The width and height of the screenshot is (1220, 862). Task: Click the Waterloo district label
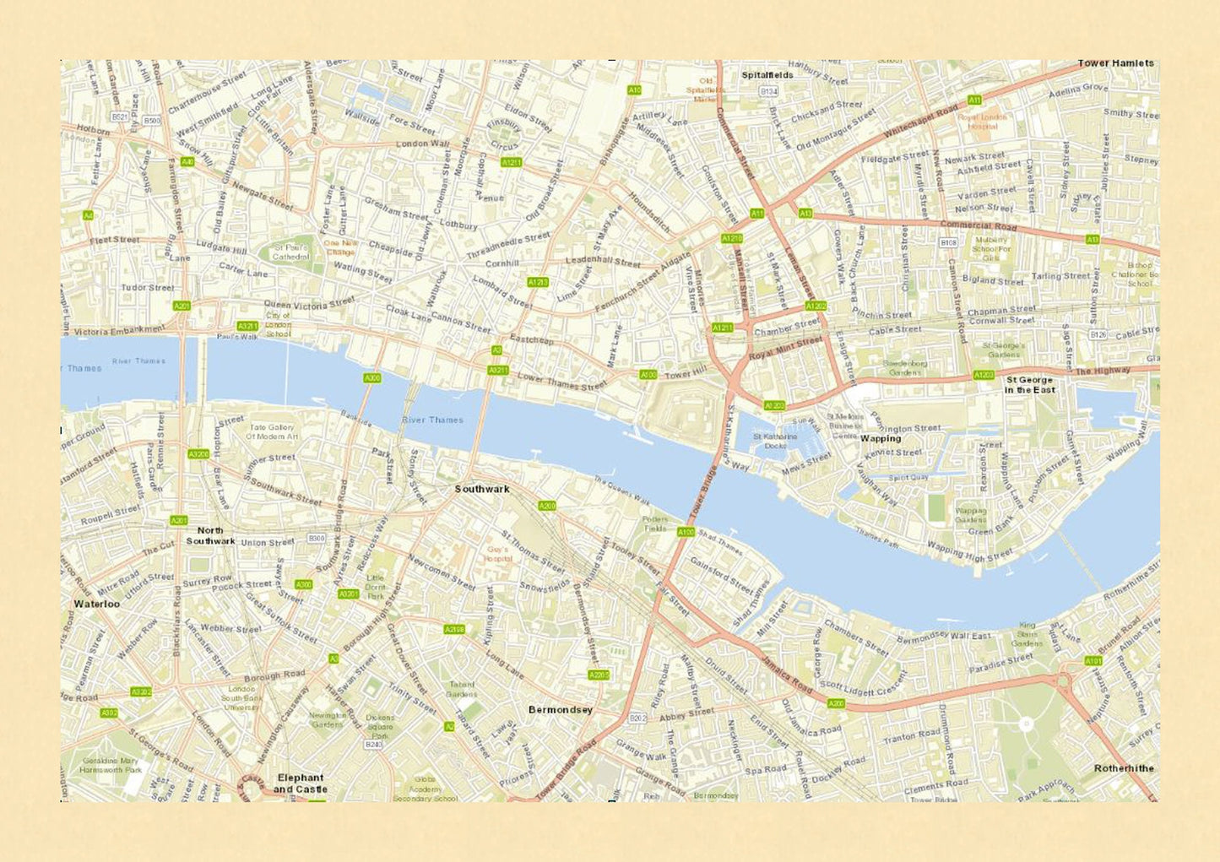(96, 604)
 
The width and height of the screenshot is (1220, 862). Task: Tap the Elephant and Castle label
(300, 783)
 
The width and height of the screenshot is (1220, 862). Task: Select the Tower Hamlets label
(1114, 63)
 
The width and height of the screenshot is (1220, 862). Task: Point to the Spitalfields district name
(767, 75)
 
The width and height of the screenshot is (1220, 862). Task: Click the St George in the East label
(1029, 385)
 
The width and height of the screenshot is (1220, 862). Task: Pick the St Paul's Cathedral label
(291, 252)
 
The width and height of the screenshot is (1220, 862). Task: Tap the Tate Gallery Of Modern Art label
(272, 432)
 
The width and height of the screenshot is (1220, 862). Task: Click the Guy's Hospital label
(498, 554)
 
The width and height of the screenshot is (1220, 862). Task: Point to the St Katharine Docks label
(774, 441)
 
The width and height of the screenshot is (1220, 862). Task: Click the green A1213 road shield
(538, 282)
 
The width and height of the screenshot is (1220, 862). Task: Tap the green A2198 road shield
(454, 629)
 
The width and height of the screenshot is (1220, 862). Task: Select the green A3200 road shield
(198, 454)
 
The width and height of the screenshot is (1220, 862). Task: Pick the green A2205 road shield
(599, 675)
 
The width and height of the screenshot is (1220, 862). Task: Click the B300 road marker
(317, 538)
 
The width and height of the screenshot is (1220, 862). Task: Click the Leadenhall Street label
(603, 262)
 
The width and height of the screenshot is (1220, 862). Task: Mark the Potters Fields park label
(655, 523)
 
